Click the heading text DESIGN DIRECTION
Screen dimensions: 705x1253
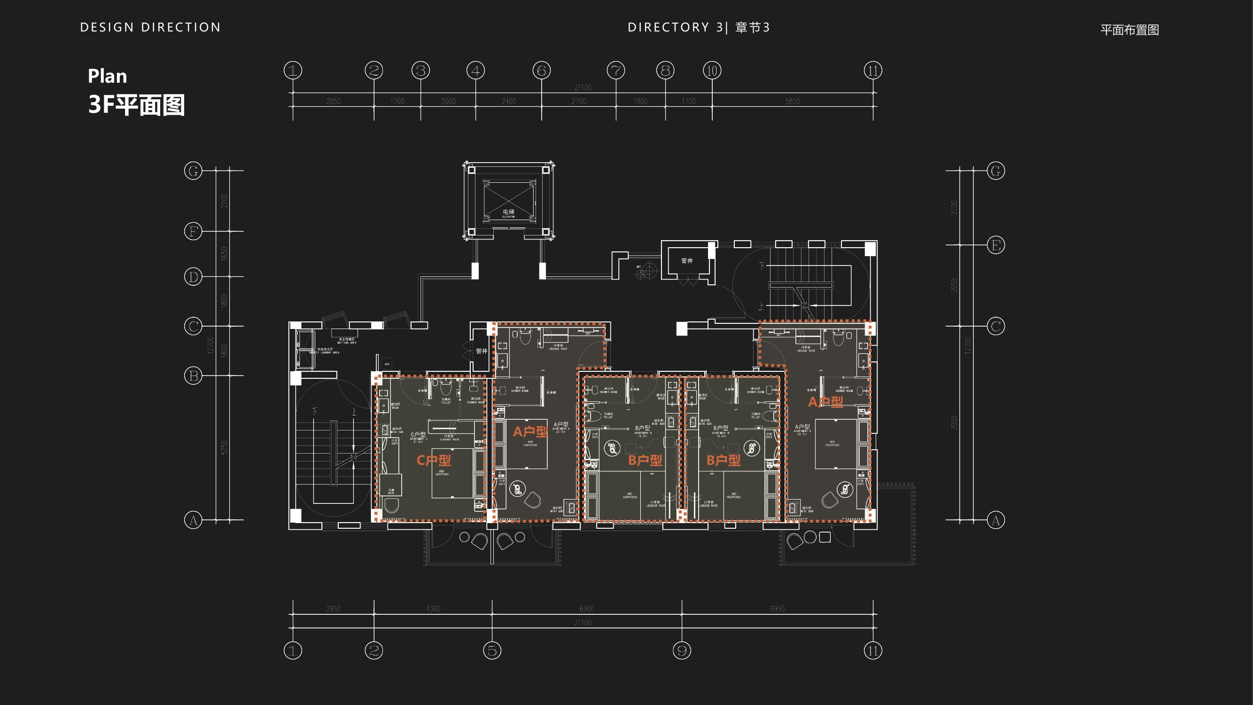point(150,27)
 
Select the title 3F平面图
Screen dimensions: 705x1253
point(136,105)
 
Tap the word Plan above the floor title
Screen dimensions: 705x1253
point(107,76)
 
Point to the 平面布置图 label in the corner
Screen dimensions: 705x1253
point(1129,30)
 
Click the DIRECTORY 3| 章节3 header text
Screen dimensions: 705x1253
point(699,27)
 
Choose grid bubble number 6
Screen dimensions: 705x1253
point(541,70)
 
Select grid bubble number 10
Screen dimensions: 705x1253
point(712,70)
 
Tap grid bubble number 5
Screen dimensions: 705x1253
point(492,650)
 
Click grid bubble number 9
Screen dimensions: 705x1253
point(681,650)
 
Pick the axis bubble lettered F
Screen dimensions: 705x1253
point(193,231)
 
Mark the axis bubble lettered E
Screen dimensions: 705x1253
point(996,245)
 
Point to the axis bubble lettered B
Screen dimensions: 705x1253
point(193,376)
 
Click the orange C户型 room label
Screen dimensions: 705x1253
point(433,460)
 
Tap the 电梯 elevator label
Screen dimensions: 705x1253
point(508,211)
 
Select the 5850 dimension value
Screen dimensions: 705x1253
point(793,101)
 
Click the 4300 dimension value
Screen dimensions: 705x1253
point(433,609)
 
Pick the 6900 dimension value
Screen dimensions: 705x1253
point(587,609)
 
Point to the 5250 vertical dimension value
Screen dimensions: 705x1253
point(224,447)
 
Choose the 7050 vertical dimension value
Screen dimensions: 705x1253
point(954,423)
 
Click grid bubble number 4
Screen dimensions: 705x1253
point(476,70)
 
